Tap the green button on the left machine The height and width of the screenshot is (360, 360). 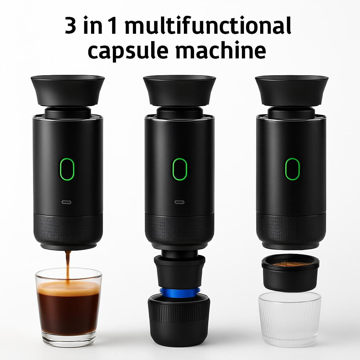click(67, 169)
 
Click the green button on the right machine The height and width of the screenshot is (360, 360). click(292, 169)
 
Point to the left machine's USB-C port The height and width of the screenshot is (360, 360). click(67, 202)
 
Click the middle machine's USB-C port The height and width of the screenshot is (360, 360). click(180, 202)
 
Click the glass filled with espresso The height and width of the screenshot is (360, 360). click(68, 306)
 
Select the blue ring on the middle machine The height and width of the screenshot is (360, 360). click(180, 291)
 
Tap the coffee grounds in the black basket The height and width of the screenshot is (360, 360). click(291, 264)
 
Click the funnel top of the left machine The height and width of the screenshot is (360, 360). click(67, 90)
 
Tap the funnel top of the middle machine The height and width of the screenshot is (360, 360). click(179, 90)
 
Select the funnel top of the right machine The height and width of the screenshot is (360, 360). click(291, 90)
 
